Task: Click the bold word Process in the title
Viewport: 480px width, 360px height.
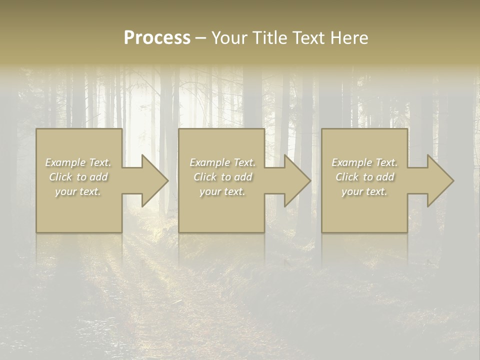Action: tap(157, 38)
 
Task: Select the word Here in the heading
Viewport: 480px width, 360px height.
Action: tap(350, 38)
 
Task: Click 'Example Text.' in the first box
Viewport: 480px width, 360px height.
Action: tap(78, 162)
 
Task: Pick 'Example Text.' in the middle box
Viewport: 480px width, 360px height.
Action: tap(222, 162)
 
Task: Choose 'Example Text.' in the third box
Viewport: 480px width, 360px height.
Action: tap(364, 162)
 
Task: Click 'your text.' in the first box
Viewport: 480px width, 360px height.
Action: tap(78, 191)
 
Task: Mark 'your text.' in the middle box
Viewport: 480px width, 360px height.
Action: tap(222, 191)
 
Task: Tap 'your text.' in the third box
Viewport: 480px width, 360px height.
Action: tap(364, 191)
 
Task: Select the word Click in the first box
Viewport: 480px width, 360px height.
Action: tap(60, 177)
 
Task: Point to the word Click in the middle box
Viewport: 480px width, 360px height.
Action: tap(205, 177)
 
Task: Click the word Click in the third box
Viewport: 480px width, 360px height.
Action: tap(347, 177)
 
